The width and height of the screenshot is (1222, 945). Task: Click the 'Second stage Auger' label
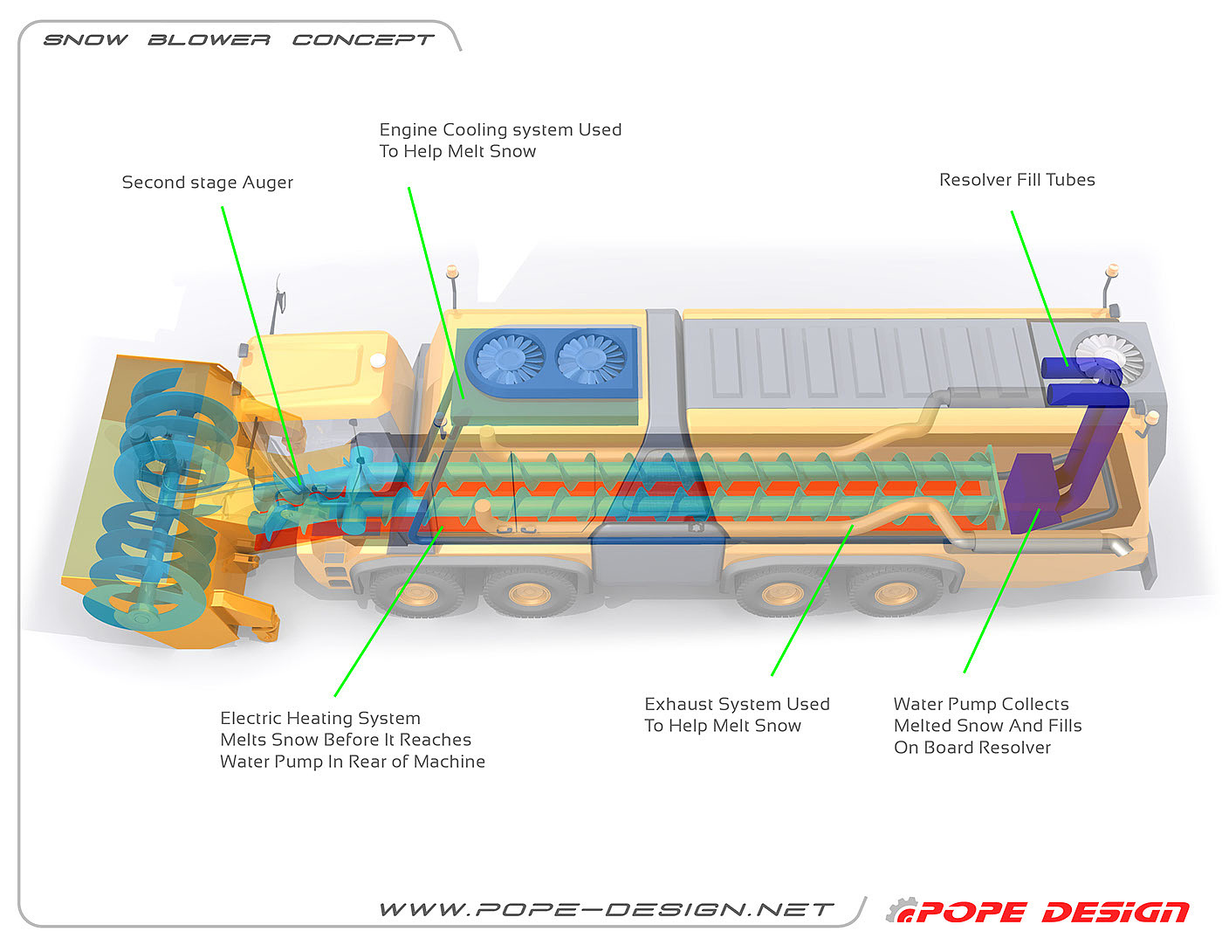pyautogui.click(x=207, y=183)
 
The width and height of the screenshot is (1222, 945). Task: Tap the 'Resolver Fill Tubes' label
pyautogui.click(x=1017, y=180)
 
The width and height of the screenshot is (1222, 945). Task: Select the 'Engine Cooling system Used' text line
pyautogui.click(x=500, y=130)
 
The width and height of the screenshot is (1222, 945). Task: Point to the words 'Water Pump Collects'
pyautogui.click(x=981, y=704)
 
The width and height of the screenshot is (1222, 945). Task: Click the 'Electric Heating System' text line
pyautogui.click(x=320, y=718)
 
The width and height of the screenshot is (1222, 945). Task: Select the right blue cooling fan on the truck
pyautogui.click(x=593, y=358)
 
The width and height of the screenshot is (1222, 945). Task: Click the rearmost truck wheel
pyautogui.click(x=895, y=594)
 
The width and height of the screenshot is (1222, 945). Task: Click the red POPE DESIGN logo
pyautogui.click(x=1052, y=913)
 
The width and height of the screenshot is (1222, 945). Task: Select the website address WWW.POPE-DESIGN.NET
pyautogui.click(x=607, y=910)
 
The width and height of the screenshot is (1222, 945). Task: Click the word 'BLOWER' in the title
pyautogui.click(x=209, y=40)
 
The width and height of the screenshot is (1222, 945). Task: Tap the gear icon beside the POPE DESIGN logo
pyautogui.click(x=901, y=910)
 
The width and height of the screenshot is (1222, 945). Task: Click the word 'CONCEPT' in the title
pyautogui.click(x=362, y=40)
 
